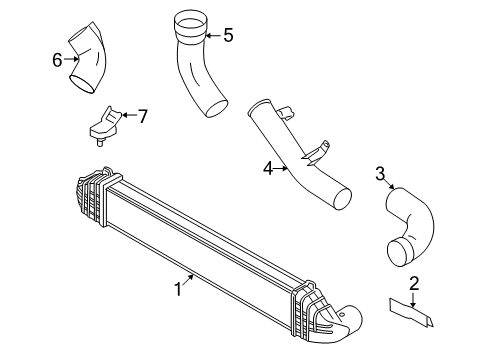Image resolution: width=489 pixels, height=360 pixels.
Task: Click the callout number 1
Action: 178,289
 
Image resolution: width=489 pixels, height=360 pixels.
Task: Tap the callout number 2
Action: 414,283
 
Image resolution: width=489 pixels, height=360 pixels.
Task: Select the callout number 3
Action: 380,174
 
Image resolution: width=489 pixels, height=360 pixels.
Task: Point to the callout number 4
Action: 268,169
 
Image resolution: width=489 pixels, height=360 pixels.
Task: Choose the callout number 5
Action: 228,35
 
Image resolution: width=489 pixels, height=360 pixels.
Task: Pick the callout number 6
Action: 57,60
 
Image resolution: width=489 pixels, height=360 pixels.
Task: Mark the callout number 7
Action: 143,117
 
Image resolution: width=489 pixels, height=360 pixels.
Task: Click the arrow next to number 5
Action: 213,35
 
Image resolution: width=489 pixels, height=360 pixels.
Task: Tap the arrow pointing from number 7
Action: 129,115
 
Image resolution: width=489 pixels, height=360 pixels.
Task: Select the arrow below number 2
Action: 413,299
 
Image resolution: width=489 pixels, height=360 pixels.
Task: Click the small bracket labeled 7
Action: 104,125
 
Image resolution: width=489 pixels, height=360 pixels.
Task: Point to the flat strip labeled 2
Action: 412,312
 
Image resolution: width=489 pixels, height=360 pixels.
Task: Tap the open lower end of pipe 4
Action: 342,199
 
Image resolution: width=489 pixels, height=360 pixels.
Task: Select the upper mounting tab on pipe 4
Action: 285,112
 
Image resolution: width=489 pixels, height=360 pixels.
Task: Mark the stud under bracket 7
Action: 99,142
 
